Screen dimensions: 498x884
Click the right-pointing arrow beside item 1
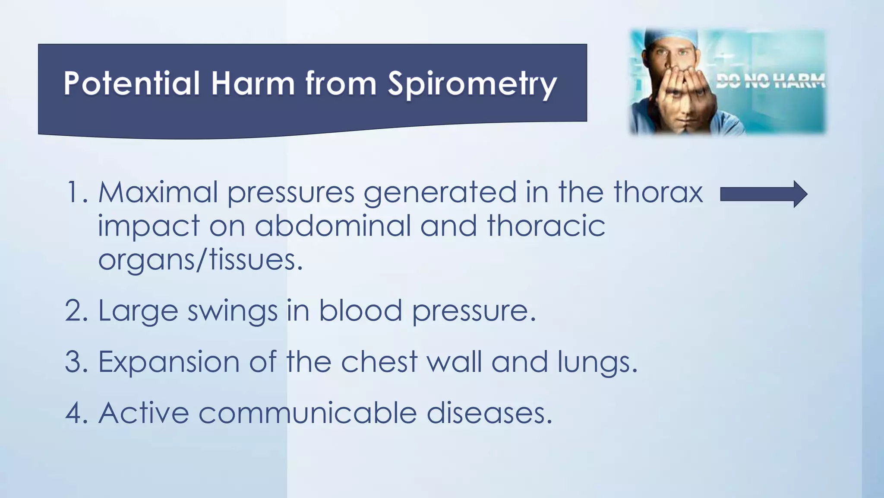pos(764,195)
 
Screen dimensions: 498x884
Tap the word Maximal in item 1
pos(158,192)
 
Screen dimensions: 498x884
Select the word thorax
pos(658,192)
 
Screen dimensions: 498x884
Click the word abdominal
pos(332,226)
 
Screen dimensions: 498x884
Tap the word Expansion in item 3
pos(169,362)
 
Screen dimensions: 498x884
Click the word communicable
pos(307,413)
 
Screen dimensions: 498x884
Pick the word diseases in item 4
pos(489,413)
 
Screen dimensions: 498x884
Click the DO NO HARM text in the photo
pos(770,80)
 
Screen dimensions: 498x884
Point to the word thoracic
pos(546,226)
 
